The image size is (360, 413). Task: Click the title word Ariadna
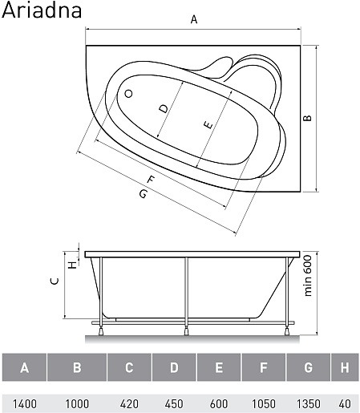tap(42, 10)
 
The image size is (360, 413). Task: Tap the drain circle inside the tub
tap(128, 94)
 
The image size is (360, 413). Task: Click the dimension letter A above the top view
tap(194, 19)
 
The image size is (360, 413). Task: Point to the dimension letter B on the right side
tap(308, 118)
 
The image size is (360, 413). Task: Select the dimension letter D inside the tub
tap(164, 108)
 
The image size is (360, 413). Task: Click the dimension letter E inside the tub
tap(208, 125)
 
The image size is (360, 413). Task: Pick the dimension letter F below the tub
tap(151, 179)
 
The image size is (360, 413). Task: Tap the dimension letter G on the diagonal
tap(144, 193)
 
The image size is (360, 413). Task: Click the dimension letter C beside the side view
tap(55, 281)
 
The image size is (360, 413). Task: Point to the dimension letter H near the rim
tap(72, 265)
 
